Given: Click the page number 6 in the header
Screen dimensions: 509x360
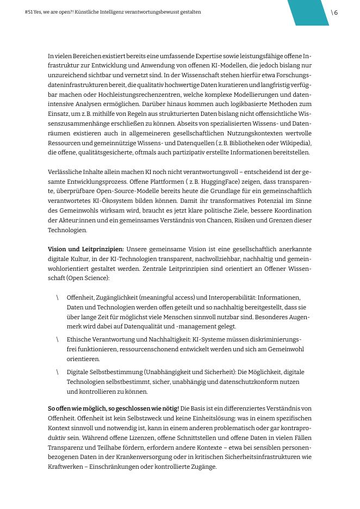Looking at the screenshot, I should tap(336, 13).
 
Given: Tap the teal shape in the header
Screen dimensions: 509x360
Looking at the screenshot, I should tap(308, 13).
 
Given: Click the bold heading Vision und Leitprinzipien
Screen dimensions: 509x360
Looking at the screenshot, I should tap(86, 249).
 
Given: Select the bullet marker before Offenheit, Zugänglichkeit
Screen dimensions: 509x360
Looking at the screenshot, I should tap(57, 297).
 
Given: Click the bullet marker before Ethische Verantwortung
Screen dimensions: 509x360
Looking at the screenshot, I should tap(57, 339).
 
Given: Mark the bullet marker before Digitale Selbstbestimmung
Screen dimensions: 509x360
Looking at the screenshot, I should tap(57, 372).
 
